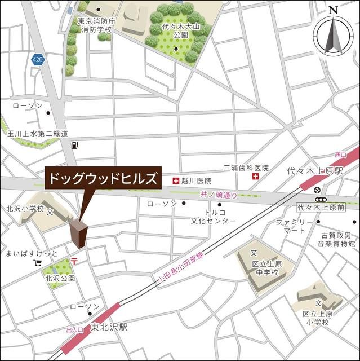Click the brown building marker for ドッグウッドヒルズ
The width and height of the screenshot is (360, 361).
pos(79,233)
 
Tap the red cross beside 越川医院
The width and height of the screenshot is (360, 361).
pos(175,181)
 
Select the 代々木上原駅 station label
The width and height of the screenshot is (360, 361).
pos(315,170)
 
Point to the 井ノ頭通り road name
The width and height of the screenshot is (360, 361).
pos(218,195)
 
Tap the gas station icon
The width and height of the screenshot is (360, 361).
pos(74,145)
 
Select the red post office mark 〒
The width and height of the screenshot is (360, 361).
pos(74,260)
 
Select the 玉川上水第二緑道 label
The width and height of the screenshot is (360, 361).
pos(38,134)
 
